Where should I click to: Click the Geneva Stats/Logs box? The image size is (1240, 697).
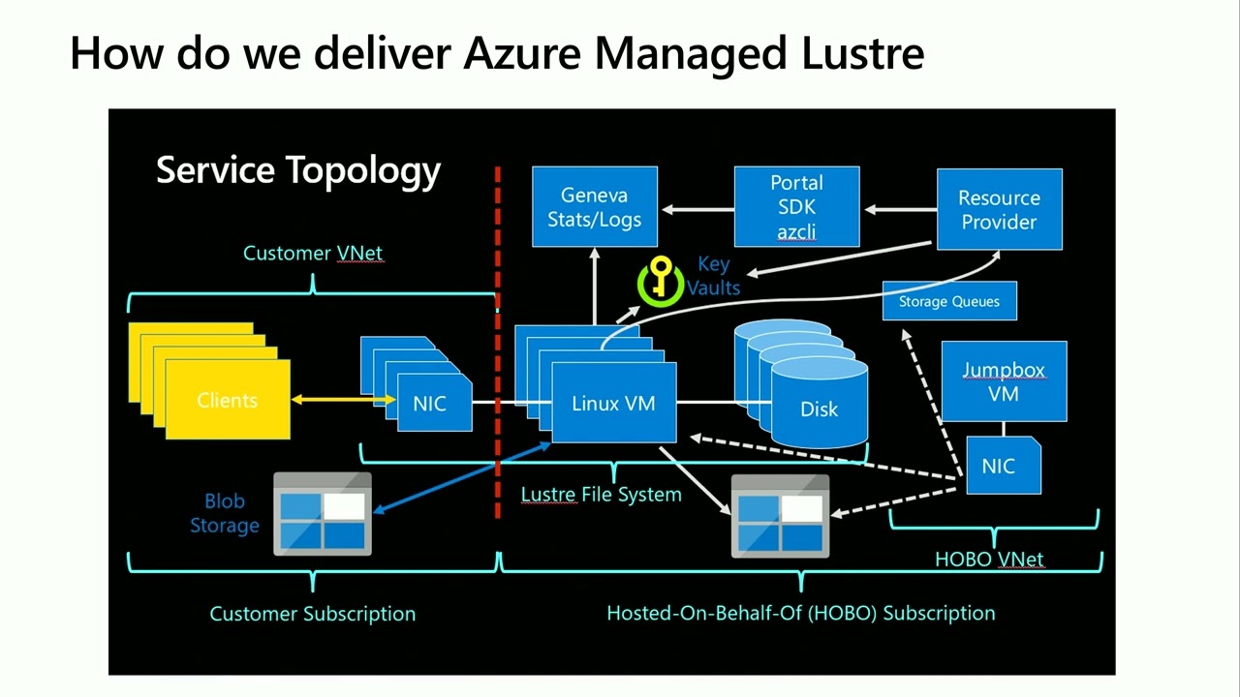[595, 207]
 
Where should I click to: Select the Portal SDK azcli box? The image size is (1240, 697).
[796, 207]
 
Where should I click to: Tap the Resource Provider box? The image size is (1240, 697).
[999, 209]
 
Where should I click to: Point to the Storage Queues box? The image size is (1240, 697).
[948, 301]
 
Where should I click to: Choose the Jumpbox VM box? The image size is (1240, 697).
[1004, 381]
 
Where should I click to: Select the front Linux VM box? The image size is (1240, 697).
[613, 404]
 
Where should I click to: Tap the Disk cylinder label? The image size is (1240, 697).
[819, 409]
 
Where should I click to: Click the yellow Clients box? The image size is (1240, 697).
[228, 400]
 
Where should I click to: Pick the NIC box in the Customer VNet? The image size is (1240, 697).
[430, 404]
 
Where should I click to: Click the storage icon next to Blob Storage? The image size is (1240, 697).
[323, 514]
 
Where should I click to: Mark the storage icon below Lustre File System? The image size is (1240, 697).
[780, 516]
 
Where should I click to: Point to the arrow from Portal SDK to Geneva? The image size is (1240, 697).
[697, 209]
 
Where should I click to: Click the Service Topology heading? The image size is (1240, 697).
[298, 170]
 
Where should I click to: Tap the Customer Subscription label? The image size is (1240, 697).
[312, 614]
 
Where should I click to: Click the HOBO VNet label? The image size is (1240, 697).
[989, 560]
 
